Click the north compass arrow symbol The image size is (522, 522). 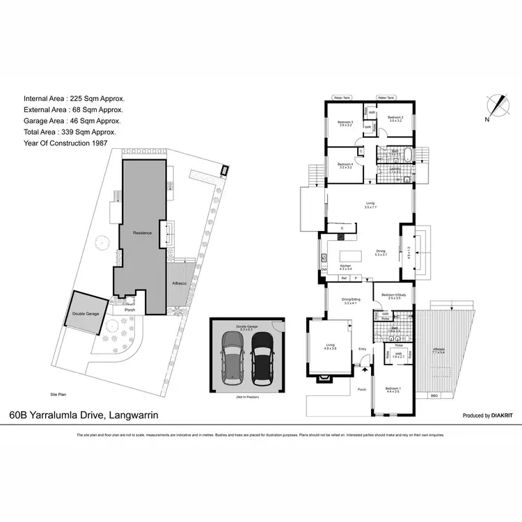pyautogui.click(x=497, y=106)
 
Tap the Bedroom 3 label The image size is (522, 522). pyautogui.click(x=346, y=124)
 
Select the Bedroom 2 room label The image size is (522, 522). pyautogui.click(x=396, y=118)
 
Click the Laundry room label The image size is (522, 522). pyautogui.click(x=394, y=168)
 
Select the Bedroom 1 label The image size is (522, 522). pyautogui.click(x=393, y=388)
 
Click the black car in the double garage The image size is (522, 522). pyautogui.click(x=262, y=357)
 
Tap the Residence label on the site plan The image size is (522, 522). pyautogui.click(x=143, y=232)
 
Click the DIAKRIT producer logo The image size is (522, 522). pyautogui.click(x=495, y=416)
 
